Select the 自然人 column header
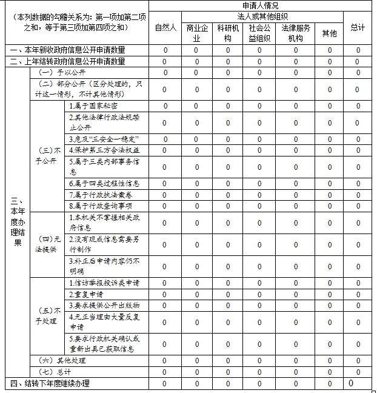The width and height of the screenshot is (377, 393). coord(165,28)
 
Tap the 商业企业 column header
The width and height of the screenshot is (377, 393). coord(196,33)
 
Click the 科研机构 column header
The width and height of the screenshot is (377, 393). coord(228,33)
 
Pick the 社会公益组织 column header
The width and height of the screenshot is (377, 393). coord(259,33)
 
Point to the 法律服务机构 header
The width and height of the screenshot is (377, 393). coord(296,33)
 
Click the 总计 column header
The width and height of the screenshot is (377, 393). coord(358,28)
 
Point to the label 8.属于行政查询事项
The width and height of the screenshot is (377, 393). coord(101,206)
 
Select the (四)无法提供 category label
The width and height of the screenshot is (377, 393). coord(48,244)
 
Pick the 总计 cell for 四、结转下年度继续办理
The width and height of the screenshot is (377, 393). coord(351,383)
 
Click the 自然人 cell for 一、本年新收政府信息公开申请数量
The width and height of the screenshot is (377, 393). coord(165,50)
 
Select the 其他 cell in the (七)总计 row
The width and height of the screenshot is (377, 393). coord(330,372)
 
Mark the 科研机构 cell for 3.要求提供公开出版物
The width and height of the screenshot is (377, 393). coord(228,305)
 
